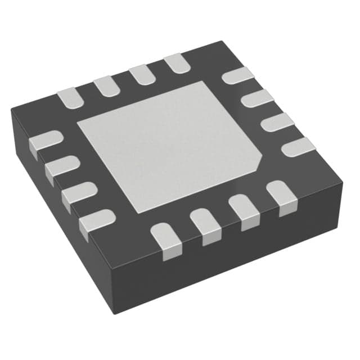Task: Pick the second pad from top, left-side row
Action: [61, 166]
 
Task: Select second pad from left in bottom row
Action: [205, 224]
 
